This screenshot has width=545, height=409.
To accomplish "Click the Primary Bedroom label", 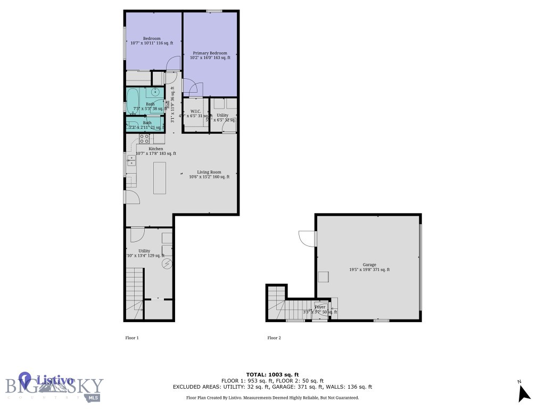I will click(x=210, y=53).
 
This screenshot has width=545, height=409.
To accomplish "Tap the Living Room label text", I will click(x=209, y=172).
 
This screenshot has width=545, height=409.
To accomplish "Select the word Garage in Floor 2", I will click(x=369, y=265).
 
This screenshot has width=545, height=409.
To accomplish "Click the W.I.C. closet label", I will click(x=195, y=112).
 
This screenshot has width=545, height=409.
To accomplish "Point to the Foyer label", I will click(x=320, y=307).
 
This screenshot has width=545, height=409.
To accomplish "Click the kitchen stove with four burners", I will click(x=144, y=138).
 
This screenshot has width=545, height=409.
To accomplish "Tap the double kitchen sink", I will click(x=130, y=160).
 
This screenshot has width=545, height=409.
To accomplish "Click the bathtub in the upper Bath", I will click(x=133, y=99).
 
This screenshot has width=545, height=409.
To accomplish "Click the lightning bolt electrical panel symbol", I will click(x=167, y=264).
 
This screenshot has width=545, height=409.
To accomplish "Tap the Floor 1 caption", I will click(x=131, y=338).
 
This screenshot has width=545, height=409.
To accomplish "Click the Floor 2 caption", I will click(x=274, y=338).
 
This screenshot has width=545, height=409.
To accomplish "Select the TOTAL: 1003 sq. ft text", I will click(x=272, y=374).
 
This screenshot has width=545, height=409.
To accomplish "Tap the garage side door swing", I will click(x=307, y=238).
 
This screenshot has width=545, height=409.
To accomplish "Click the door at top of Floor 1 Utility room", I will click(x=137, y=234).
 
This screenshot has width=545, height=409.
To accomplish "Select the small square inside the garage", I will click(x=323, y=276).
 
